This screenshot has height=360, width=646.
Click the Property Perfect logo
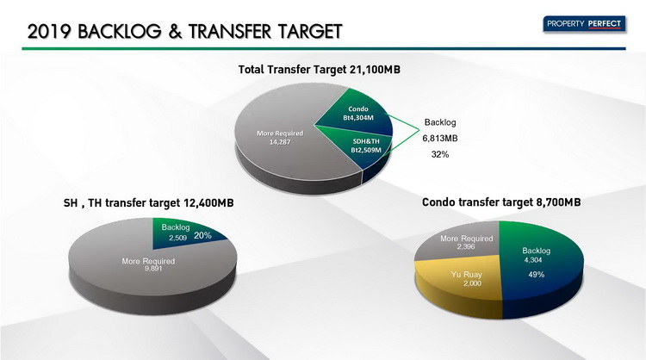pyautogui.click(x=584, y=24)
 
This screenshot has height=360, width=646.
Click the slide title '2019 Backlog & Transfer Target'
pyautogui.click(x=185, y=31)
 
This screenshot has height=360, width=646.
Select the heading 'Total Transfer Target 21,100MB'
pyautogui.click(x=320, y=69)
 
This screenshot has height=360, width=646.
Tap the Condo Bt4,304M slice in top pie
pyautogui.click(x=358, y=114)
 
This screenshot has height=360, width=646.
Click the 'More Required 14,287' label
pyautogui.click(x=280, y=138)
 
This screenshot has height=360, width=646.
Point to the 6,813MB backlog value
pyautogui.click(x=440, y=139)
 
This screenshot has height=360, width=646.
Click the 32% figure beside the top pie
pyautogui.click(x=440, y=154)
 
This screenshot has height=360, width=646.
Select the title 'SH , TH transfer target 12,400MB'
pyautogui.click(x=149, y=203)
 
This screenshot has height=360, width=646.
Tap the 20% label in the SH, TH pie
pyautogui.click(x=202, y=236)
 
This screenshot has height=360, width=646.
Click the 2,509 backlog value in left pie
pyautogui.click(x=177, y=238)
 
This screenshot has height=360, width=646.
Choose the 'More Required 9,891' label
pyautogui.click(x=148, y=264)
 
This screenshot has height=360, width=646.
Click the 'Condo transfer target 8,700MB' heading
pyautogui.click(x=501, y=202)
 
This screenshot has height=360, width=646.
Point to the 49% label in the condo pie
pyautogui.click(x=537, y=275)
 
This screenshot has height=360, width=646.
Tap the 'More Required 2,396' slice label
pyautogui.click(x=466, y=242)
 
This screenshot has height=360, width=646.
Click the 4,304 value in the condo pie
pyautogui.click(x=533, y=260)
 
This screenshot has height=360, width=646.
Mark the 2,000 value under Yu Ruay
pyautogui.click(x=472, y=283)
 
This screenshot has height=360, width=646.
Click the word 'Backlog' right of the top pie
pyautogui.click(x=440, y=122)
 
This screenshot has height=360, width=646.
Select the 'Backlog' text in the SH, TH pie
pyautogui.click(x=176, y=227)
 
